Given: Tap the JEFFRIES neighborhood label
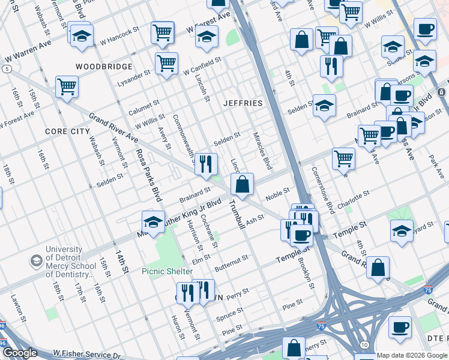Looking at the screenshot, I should click(x=243, y=103).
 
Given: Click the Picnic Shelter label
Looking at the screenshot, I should click(x=167, y=271).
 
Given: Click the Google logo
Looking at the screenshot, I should click(x=20, y=353).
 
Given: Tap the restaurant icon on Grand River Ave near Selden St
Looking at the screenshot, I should click(x=206, y=163).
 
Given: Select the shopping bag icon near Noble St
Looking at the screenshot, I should click(x=242, y=185).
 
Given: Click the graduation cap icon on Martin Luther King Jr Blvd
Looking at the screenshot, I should click(x=153, y=222).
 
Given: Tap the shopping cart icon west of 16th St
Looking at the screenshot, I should click(x=67, y=87).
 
